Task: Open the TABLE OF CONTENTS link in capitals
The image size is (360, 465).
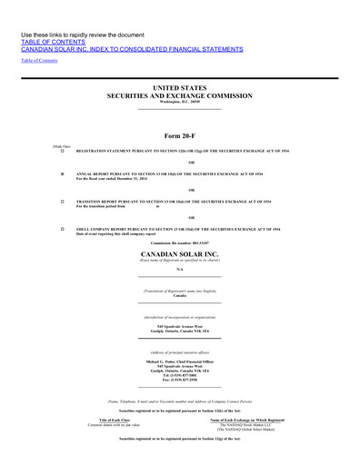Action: coord(52,42)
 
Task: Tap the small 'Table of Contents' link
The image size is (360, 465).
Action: coord(39,60)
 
